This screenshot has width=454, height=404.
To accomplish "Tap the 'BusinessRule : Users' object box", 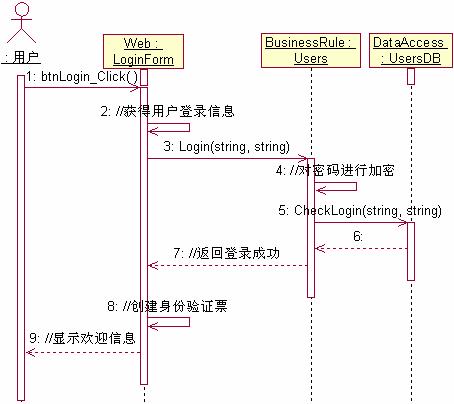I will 310,50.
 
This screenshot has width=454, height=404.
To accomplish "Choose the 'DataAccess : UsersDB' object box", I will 410,50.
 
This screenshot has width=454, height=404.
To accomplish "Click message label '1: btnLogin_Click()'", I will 82,76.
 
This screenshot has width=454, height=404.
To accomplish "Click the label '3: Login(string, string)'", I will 220,147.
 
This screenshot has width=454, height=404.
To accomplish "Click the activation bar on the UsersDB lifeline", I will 410,250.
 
